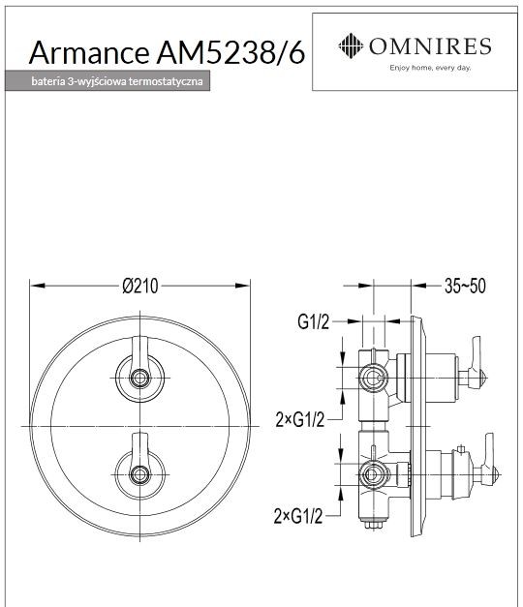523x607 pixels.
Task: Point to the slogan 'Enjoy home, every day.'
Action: [429, 69]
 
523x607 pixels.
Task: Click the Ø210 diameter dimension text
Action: [140, 285]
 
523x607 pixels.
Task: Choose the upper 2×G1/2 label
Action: [299, 418]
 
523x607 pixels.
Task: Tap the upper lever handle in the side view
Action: [475, 362]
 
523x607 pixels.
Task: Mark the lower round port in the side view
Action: [369, 474]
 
